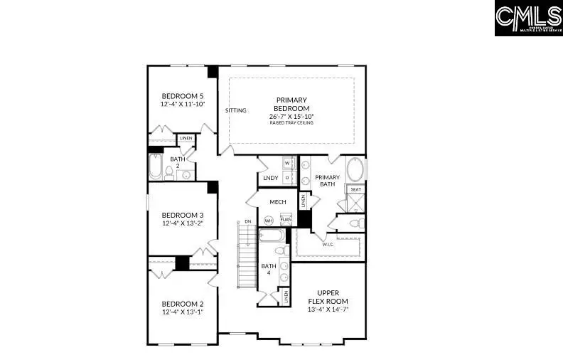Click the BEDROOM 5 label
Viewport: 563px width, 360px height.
pyautogui.click(x=182, y=96)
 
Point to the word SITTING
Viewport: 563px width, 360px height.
pyautogui.click(x=236, y=110)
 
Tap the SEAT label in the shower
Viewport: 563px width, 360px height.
pyautogui.click(x=355, y=189)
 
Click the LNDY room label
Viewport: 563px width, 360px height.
pyautogui.click(x=270, y=178)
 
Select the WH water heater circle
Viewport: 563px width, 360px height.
pyautogui.click(x=269, y=220)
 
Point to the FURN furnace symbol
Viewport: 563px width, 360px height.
pyautogui.click(x=285, y=220)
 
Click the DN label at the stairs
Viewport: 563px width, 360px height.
pyautogui.click(x=247, y=222)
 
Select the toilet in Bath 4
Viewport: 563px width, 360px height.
pyautogui.click(x=279, y=250)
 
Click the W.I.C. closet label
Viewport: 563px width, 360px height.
pyautogui.click(x=328, y=243)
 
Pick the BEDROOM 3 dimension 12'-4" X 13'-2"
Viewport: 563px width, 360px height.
pyautogui.click(x=182, y=223)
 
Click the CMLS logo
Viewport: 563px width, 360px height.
pyautogui.click(x=528, y=18)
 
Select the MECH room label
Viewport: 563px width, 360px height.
pyautogui.click(x=277, y=202)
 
